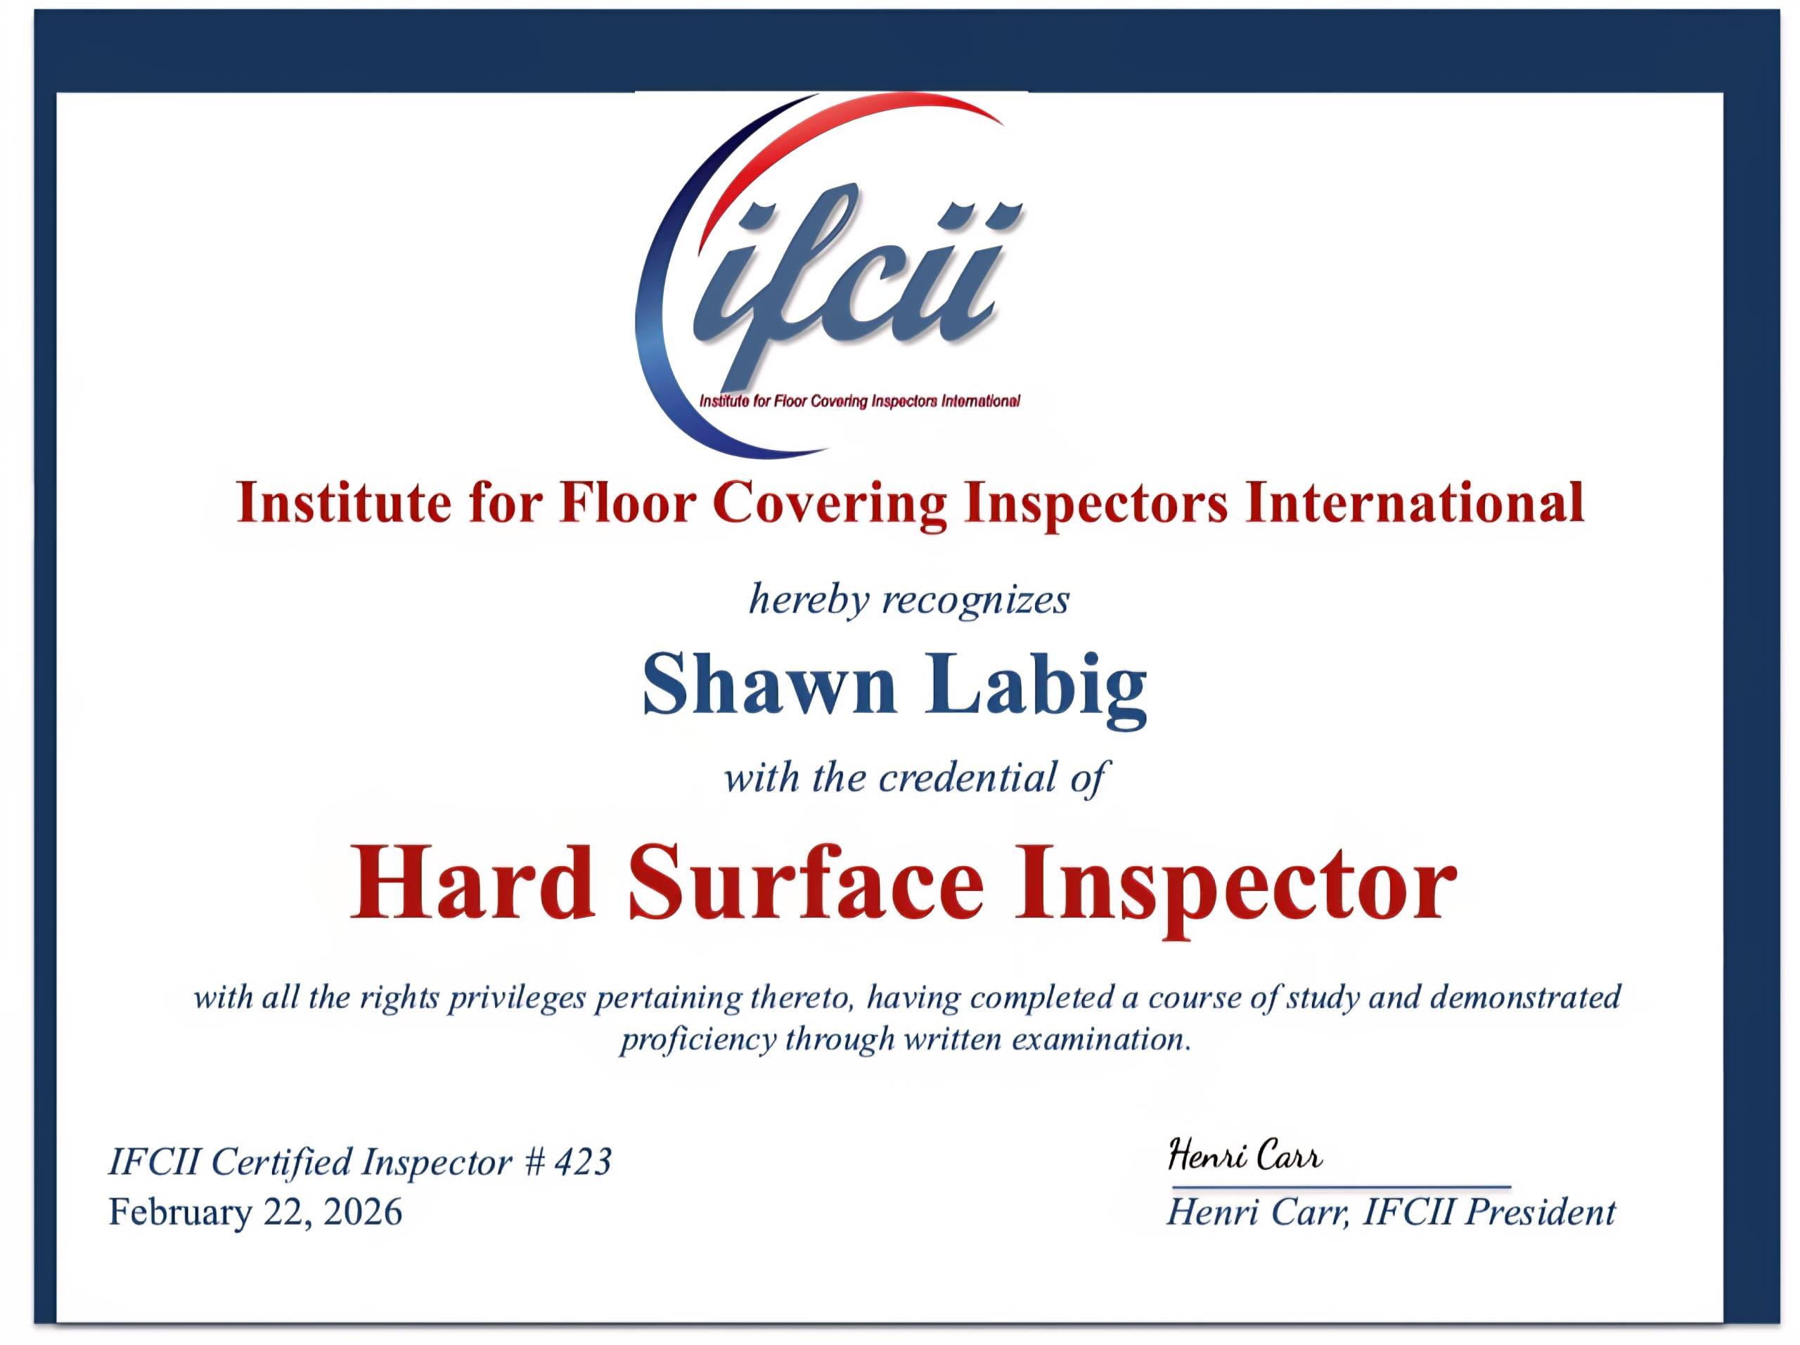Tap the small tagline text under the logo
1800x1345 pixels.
tap(859, 400)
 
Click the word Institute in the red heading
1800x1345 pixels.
tap(342, 502)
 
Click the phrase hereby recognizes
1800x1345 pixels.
tap(909, 600)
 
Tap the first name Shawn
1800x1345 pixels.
tap(769, 685)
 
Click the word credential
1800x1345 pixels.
tap(968, 777)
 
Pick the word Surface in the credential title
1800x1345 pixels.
tap(806, 882)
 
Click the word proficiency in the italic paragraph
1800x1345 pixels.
tap(697, 1040)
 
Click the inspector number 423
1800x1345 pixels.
tap(583, 1162)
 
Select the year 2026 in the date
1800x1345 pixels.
tap(362, 1212)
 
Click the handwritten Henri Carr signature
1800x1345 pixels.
tap(1245, 1155)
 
